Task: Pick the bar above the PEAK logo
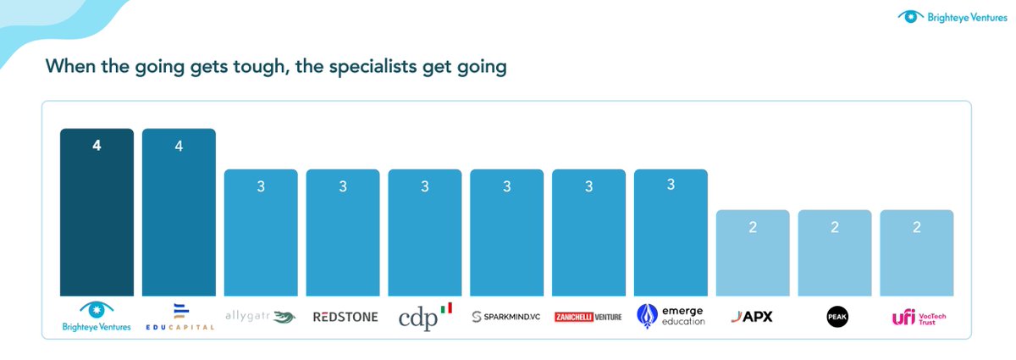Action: [835, 258]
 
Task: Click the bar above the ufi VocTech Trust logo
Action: [917, 258]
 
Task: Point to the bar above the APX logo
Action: [753, 258]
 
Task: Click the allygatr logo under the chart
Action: [261, 317]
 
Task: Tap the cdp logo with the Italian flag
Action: [425, 316]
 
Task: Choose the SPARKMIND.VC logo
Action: [506, 317]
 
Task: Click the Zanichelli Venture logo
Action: [588, 317]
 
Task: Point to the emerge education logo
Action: [671, 316]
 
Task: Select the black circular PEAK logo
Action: [835, 317]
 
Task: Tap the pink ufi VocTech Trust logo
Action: [917, 317]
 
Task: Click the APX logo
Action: [753, 317]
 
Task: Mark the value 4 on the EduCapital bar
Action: [179, 146]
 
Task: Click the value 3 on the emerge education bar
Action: [671, 186]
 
